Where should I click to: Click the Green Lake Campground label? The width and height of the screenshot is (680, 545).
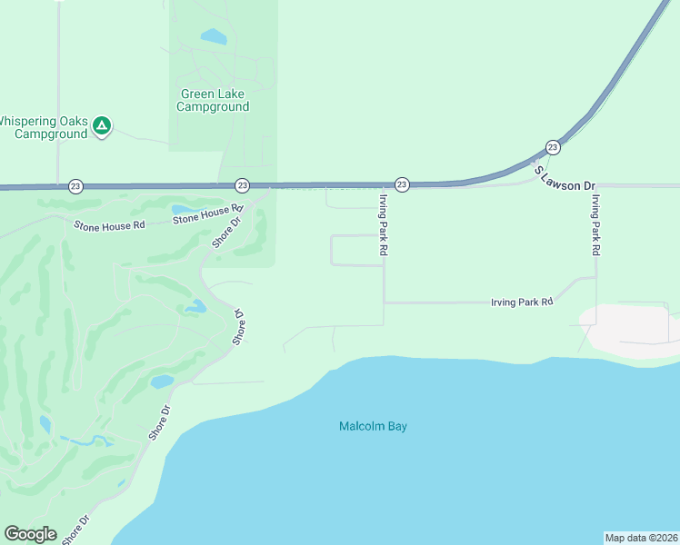click(214, 100)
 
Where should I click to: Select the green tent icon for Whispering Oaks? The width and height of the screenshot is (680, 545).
click(103, 125)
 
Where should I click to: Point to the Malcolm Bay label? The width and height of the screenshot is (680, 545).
click(373, 426)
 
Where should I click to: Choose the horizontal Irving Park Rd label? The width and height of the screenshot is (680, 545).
click(522, 302)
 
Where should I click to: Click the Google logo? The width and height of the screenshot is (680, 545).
click(30, 534)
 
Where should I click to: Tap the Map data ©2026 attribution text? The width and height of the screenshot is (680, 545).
click(641, 538)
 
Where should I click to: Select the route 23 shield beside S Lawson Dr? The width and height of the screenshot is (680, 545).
click(552, 147)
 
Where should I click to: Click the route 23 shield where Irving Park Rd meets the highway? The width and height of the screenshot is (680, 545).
click(402, 184)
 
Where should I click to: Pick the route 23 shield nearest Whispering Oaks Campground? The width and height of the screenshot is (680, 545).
click(75, 185)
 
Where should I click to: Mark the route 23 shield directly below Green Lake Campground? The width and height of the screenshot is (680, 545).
click(242, 185)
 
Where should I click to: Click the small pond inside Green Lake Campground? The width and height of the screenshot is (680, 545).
click(214, 37)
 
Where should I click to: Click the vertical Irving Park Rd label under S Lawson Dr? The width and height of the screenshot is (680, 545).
click(595, 225)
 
